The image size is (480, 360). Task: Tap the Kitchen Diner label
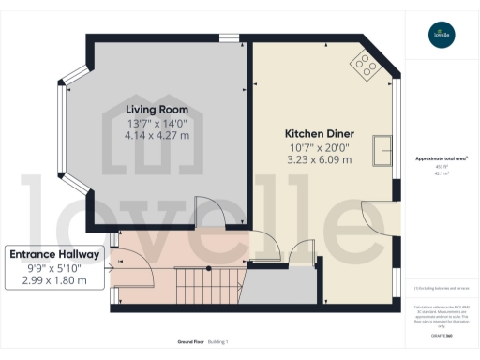click(x=318, y=133)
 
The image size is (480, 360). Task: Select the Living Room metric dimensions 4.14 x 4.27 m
click(x=157, y=135)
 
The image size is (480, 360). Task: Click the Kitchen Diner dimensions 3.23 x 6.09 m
click(x=318, y=159)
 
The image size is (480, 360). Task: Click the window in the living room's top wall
click(x=228, y=38)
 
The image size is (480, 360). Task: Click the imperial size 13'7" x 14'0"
click(x=157, y=122)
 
